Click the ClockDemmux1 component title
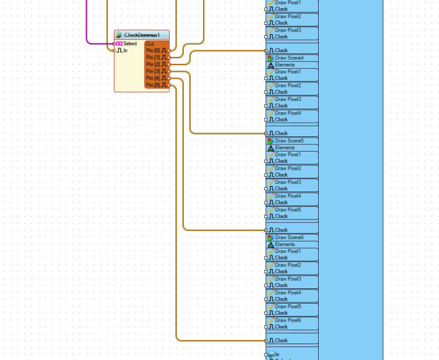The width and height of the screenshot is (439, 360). (x=141, y=35)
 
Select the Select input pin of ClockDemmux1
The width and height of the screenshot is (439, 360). (x=130, y=43)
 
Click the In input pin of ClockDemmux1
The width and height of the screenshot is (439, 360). (x=124, y=51)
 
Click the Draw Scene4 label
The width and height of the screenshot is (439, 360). (x=289, y=58)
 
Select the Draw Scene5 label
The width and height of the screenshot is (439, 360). (x=289, y=141)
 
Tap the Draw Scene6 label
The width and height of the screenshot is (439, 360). (x=289, y=238)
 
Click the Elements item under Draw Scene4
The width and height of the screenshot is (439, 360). (x=285, y=65)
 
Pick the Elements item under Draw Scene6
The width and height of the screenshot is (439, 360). (x=285, y=244)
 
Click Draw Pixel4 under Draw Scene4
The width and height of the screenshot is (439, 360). (x=288, y=113)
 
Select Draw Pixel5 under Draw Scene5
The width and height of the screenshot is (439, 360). (x=288, y=210)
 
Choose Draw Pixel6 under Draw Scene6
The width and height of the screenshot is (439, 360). (x=288, y=321)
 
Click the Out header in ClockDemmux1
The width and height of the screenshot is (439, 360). (x=150, y=44)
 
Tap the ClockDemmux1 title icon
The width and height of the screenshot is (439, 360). (x=119, y=35)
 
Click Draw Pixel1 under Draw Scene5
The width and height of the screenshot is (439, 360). (x=288, y=154)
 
